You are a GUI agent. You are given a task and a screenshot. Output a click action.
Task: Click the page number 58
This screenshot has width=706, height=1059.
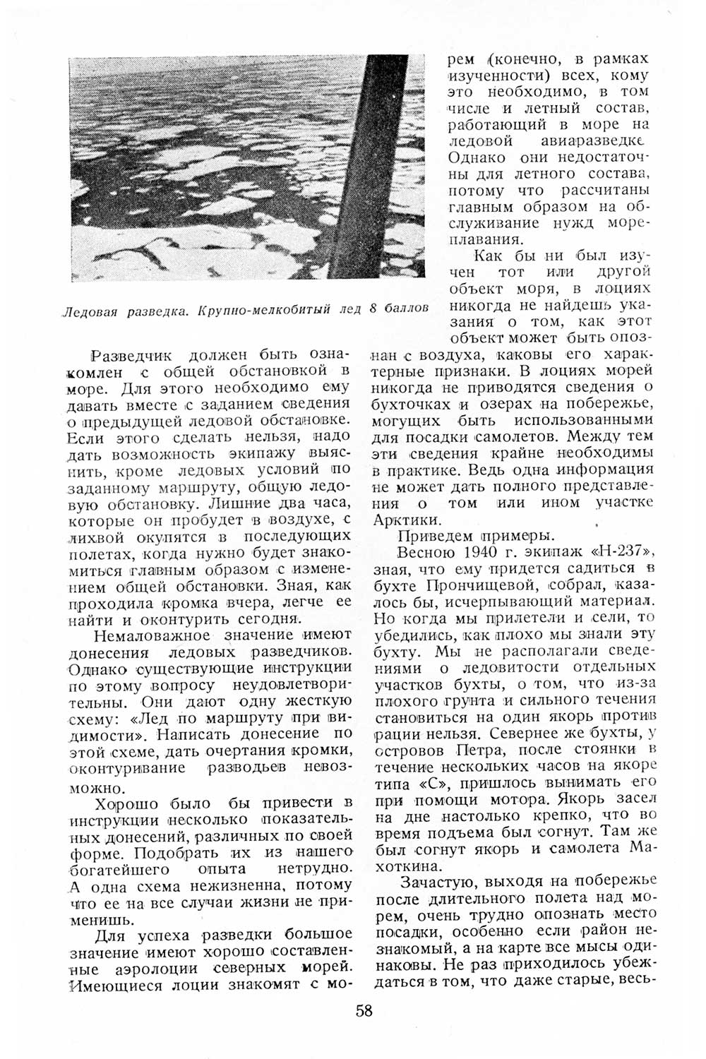[x=364, y=1010]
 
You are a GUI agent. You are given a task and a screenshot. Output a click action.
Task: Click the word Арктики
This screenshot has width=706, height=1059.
[x=408, y=520]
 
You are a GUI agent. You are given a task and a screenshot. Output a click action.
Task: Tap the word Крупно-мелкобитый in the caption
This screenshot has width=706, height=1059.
[x=261, y=309]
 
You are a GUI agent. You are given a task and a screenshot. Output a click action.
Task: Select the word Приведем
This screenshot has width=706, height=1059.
[x=433, y=535]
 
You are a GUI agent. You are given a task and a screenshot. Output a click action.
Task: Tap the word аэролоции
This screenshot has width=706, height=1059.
[x=171, y=969]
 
